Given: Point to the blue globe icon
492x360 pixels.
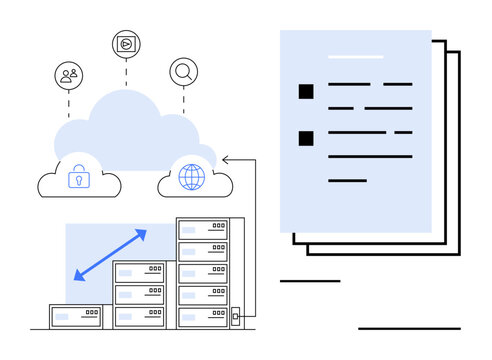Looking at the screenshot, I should click(x=190, y=178).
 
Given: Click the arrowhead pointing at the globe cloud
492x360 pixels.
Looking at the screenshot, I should click(x=226, y=158).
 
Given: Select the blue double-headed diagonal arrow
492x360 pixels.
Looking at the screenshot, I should click(x=110, y=255).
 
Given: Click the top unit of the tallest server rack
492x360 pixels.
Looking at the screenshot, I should click(x=203, y=229).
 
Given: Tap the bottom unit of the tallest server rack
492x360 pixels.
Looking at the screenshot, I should click(x=203, y=317).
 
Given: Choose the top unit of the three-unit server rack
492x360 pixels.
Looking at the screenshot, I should click(x=139, y=272).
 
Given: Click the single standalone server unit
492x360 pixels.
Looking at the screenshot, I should click(x=77, y=316).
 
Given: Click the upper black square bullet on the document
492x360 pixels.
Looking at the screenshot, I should click(x=306, y=92).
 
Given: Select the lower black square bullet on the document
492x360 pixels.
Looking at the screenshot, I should click(x=306, y=137).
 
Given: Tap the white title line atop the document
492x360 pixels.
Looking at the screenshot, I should click(x=355, y=57).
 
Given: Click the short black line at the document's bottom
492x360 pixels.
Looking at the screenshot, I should click(x=347, y=181).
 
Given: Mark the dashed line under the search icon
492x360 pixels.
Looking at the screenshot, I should click(x=184, y=100).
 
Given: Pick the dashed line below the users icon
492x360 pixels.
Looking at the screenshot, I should click(x=69, y=103).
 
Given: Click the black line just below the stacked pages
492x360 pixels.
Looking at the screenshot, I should click(x=310, y=281).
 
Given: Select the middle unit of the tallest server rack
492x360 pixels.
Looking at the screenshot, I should click(x=203, y=273).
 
